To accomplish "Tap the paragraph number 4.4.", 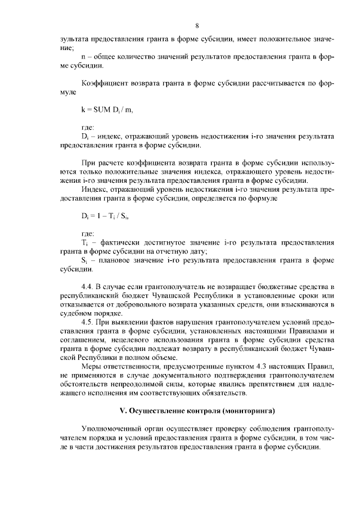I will [x=87, y=287].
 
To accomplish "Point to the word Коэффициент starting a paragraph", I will [x=105, y=84].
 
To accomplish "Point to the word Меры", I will [x=91, y=367].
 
